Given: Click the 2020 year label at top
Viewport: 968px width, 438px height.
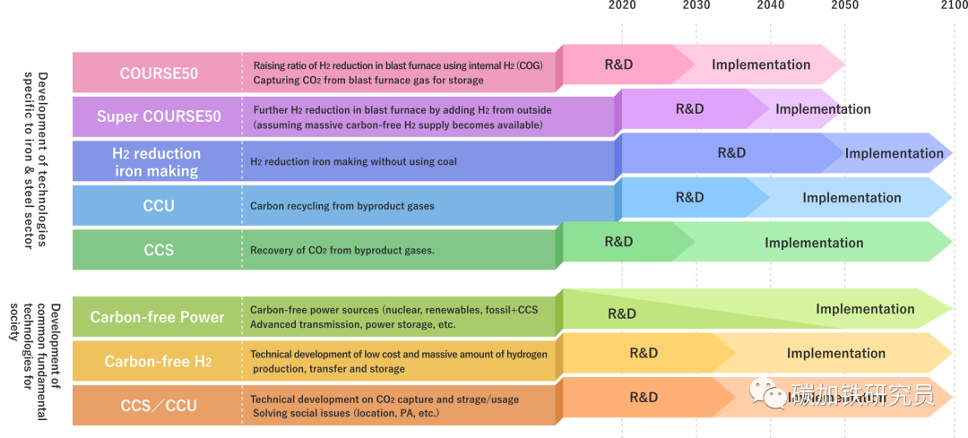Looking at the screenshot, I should pos(622,5).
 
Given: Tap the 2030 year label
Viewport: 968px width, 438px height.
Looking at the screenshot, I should pos(696,5).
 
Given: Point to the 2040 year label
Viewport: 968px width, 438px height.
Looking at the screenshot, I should pos(770,5).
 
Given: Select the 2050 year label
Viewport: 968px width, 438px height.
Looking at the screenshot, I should pos(844,5).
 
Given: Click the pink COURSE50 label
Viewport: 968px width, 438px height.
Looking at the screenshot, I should pos(159,73).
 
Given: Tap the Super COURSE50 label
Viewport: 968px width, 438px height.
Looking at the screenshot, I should pos(159,116).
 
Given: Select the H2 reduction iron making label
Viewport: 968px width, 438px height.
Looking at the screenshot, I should pos(156,162).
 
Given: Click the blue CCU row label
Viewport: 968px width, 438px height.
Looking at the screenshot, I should pos(159,206).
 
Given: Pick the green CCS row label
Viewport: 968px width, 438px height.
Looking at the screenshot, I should pos(159,250).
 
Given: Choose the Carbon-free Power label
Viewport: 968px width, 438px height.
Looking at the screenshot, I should pos(158,317).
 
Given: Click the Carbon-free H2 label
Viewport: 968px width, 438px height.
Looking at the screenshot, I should pos(158,361).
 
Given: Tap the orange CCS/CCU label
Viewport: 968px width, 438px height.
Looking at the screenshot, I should pos(159,406).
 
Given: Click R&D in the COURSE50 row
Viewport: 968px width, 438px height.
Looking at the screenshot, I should pos(619,64).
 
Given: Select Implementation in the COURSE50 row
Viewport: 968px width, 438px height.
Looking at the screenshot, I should pos(761,64).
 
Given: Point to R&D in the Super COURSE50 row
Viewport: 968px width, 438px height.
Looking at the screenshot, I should pos(689,109).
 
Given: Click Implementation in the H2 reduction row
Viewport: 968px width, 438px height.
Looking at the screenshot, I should pos(894,153).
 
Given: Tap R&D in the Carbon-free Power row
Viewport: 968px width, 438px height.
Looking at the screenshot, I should pos(622,313).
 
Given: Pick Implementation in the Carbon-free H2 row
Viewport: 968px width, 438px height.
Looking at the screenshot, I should pos(836,353).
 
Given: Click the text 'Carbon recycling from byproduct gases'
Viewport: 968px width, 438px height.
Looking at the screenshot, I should pos(341,206).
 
